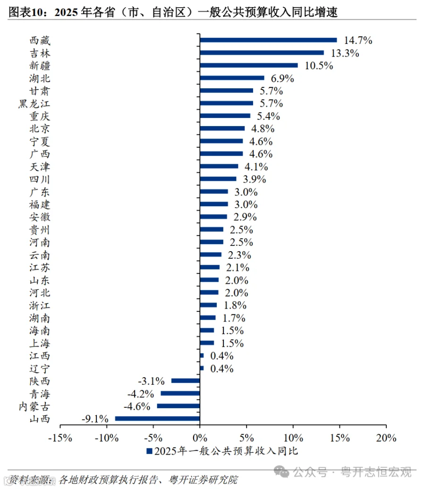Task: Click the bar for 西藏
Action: [268, 40]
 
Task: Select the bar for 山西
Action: [157, 418]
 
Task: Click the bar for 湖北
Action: [232, 78]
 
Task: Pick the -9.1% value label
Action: [95, 419]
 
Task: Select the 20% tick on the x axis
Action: [386, 438]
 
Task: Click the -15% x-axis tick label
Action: [60, 438]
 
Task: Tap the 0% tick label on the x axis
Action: [200, 438]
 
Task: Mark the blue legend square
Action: [150, 451]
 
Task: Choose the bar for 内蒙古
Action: [178, 406]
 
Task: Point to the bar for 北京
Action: [222, 128]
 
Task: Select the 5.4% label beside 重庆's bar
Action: [268, 116]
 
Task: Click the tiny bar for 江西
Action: [202, 355]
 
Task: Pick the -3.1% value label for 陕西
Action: [151, 381]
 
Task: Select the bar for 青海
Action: [180, 393]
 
